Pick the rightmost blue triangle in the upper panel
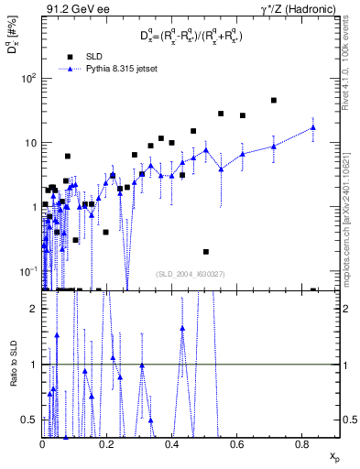(x=313, y=127)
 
